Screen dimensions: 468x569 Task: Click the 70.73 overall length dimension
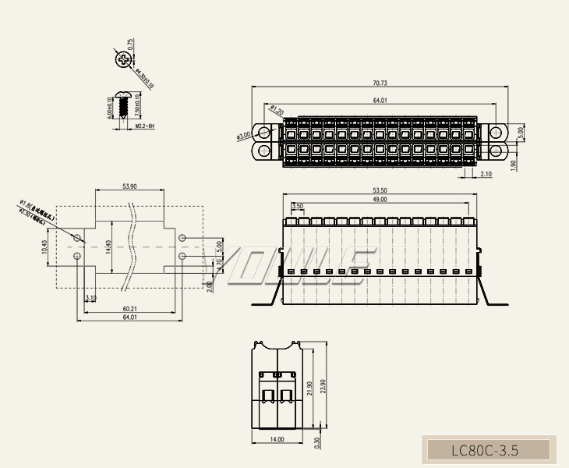point(380,83)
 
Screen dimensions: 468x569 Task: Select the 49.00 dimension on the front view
point(380,200)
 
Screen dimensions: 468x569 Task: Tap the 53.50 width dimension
point(380,190)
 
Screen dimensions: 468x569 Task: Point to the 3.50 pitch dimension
point(298,206)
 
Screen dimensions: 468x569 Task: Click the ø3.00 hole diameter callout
point(243,135)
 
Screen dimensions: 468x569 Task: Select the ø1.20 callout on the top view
point(276,110)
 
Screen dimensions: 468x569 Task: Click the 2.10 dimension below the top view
point(486,174)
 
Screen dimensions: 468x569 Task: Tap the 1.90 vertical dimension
point(514,165)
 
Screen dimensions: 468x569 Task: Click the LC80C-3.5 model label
point(485,450)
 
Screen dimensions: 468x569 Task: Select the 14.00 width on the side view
point(277,439)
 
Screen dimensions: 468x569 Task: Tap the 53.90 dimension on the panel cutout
point(129,186)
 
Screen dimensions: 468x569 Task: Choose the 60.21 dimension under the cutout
point(129,308)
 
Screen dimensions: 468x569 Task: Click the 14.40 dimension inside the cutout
point(108,247)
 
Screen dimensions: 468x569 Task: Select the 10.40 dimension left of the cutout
point(44,248)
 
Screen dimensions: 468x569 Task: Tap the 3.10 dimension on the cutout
point(90,298)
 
